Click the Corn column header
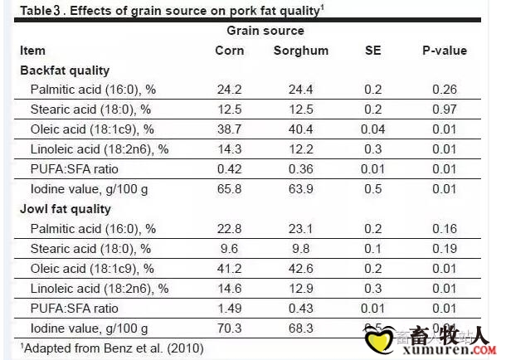pyautogui.click(x=230, y=51)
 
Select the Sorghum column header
pyautogui.click(x=301, y=51)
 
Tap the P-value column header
pyautogui.click(x=445, y=51)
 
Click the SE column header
pyautogui.click(x=373, y=51)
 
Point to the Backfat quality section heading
pyautogui.click(x=65, y=71)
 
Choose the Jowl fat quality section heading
pyautogui.click(x=66, y=209)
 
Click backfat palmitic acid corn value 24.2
pyautogui.click(x=230, y=90)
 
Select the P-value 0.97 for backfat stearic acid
pyautogui.click(x=445, y=109)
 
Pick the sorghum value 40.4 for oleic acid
pyautogui.click(x=299, y=129)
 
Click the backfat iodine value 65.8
pyautogui.click(x=230, y=189)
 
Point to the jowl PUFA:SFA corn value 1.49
pyautogui.click(x=230, y=309)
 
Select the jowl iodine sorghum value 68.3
pyautogui.click(x=299, y=328)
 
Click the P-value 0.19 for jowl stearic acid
pyautogui.click(x=445, y=249)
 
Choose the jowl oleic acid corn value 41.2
pyautogui.click(x=230, y=269)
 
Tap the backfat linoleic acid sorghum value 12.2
pyautogui.click(x=299, y=149)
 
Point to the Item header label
pyautogui.click(x=32, y=51)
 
